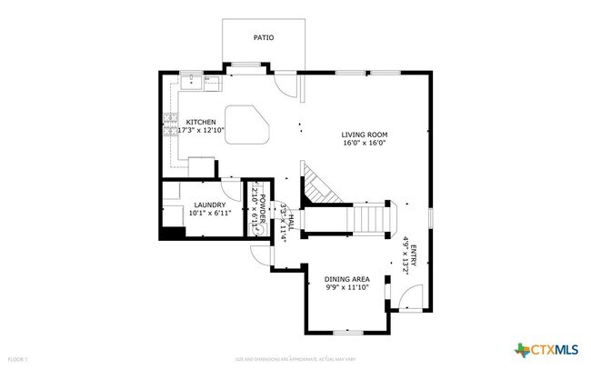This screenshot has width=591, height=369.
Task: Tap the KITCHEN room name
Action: pyautogui.click(x=201, y=122)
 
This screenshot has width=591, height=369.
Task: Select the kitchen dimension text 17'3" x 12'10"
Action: pyautogui.click(x=201, y=131)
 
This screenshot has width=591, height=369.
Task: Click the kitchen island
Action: pyautogui.click(x=245, y=125)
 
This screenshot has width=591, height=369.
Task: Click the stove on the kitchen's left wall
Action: pyautogui.click(x=168, y=125)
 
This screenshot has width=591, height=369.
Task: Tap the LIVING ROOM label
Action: pyautogui.click(x=364, y=134)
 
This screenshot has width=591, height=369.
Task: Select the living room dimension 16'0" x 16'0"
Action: pyautogui.click(x=364, y=143)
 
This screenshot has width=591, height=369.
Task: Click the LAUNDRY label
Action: pyautogui.click(x=209, y=204)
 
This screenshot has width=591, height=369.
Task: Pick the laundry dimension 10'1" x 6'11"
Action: pyautogui.click(x=209, y=214)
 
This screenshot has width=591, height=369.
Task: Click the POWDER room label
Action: pyautogui.click(x=261, y=209)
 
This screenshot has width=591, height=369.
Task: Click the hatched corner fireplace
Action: pyautogui.click(x=317, y=185)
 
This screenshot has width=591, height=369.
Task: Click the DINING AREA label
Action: pyautogui.click(x=347, y=279)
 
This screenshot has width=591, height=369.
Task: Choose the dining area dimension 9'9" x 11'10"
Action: pyautogui.click(x=347, y=288)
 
